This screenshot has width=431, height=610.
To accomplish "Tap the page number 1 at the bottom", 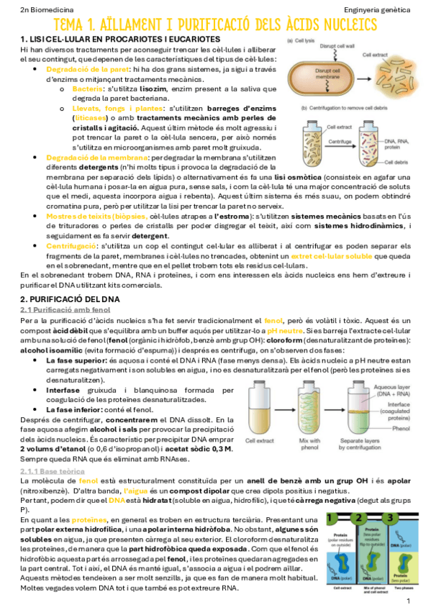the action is (408, 599).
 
